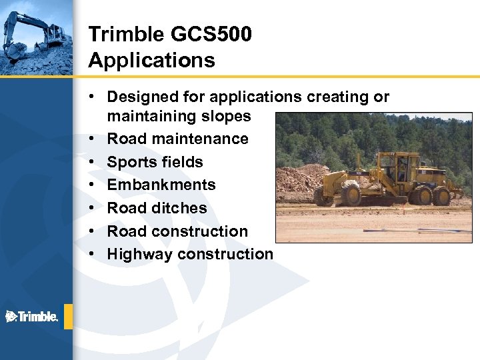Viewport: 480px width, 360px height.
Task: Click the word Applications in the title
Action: click(x=151, y=61)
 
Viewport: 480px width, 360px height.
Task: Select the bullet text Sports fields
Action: click(x=155, y=162)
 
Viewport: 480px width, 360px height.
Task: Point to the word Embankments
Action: click(x=161, y=185)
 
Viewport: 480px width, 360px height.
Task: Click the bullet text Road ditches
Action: click(x=157, y=208)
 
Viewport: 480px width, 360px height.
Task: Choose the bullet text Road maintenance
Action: click(x=177, y=139)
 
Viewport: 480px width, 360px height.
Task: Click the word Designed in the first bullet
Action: click(x=143, y=97)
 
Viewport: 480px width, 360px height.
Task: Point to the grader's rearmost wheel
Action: click(x=441, y=196)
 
